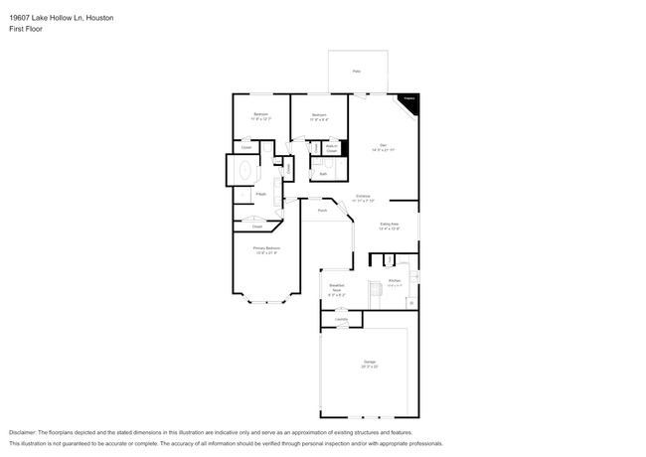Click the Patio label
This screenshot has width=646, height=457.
click(357, 72)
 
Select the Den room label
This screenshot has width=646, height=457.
click(383, 147)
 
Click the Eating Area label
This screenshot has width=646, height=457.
click(390, 226)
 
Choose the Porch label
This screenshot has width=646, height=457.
click(322, 211)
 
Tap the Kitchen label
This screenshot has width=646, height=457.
click(394, 281)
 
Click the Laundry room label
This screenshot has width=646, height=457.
click(341, 319)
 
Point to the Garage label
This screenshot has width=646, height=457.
click(371, 364)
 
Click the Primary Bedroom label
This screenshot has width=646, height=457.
click(266, 249)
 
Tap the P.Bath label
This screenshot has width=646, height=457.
click(261, 194)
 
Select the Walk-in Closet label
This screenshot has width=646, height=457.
click(332, 148)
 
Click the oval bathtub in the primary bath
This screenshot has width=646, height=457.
click(243, 171)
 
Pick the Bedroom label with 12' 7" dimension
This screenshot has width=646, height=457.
click(260, 116)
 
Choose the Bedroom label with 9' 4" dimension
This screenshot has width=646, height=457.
click(319, 116)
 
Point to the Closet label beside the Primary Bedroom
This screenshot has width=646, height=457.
click(256, 227)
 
